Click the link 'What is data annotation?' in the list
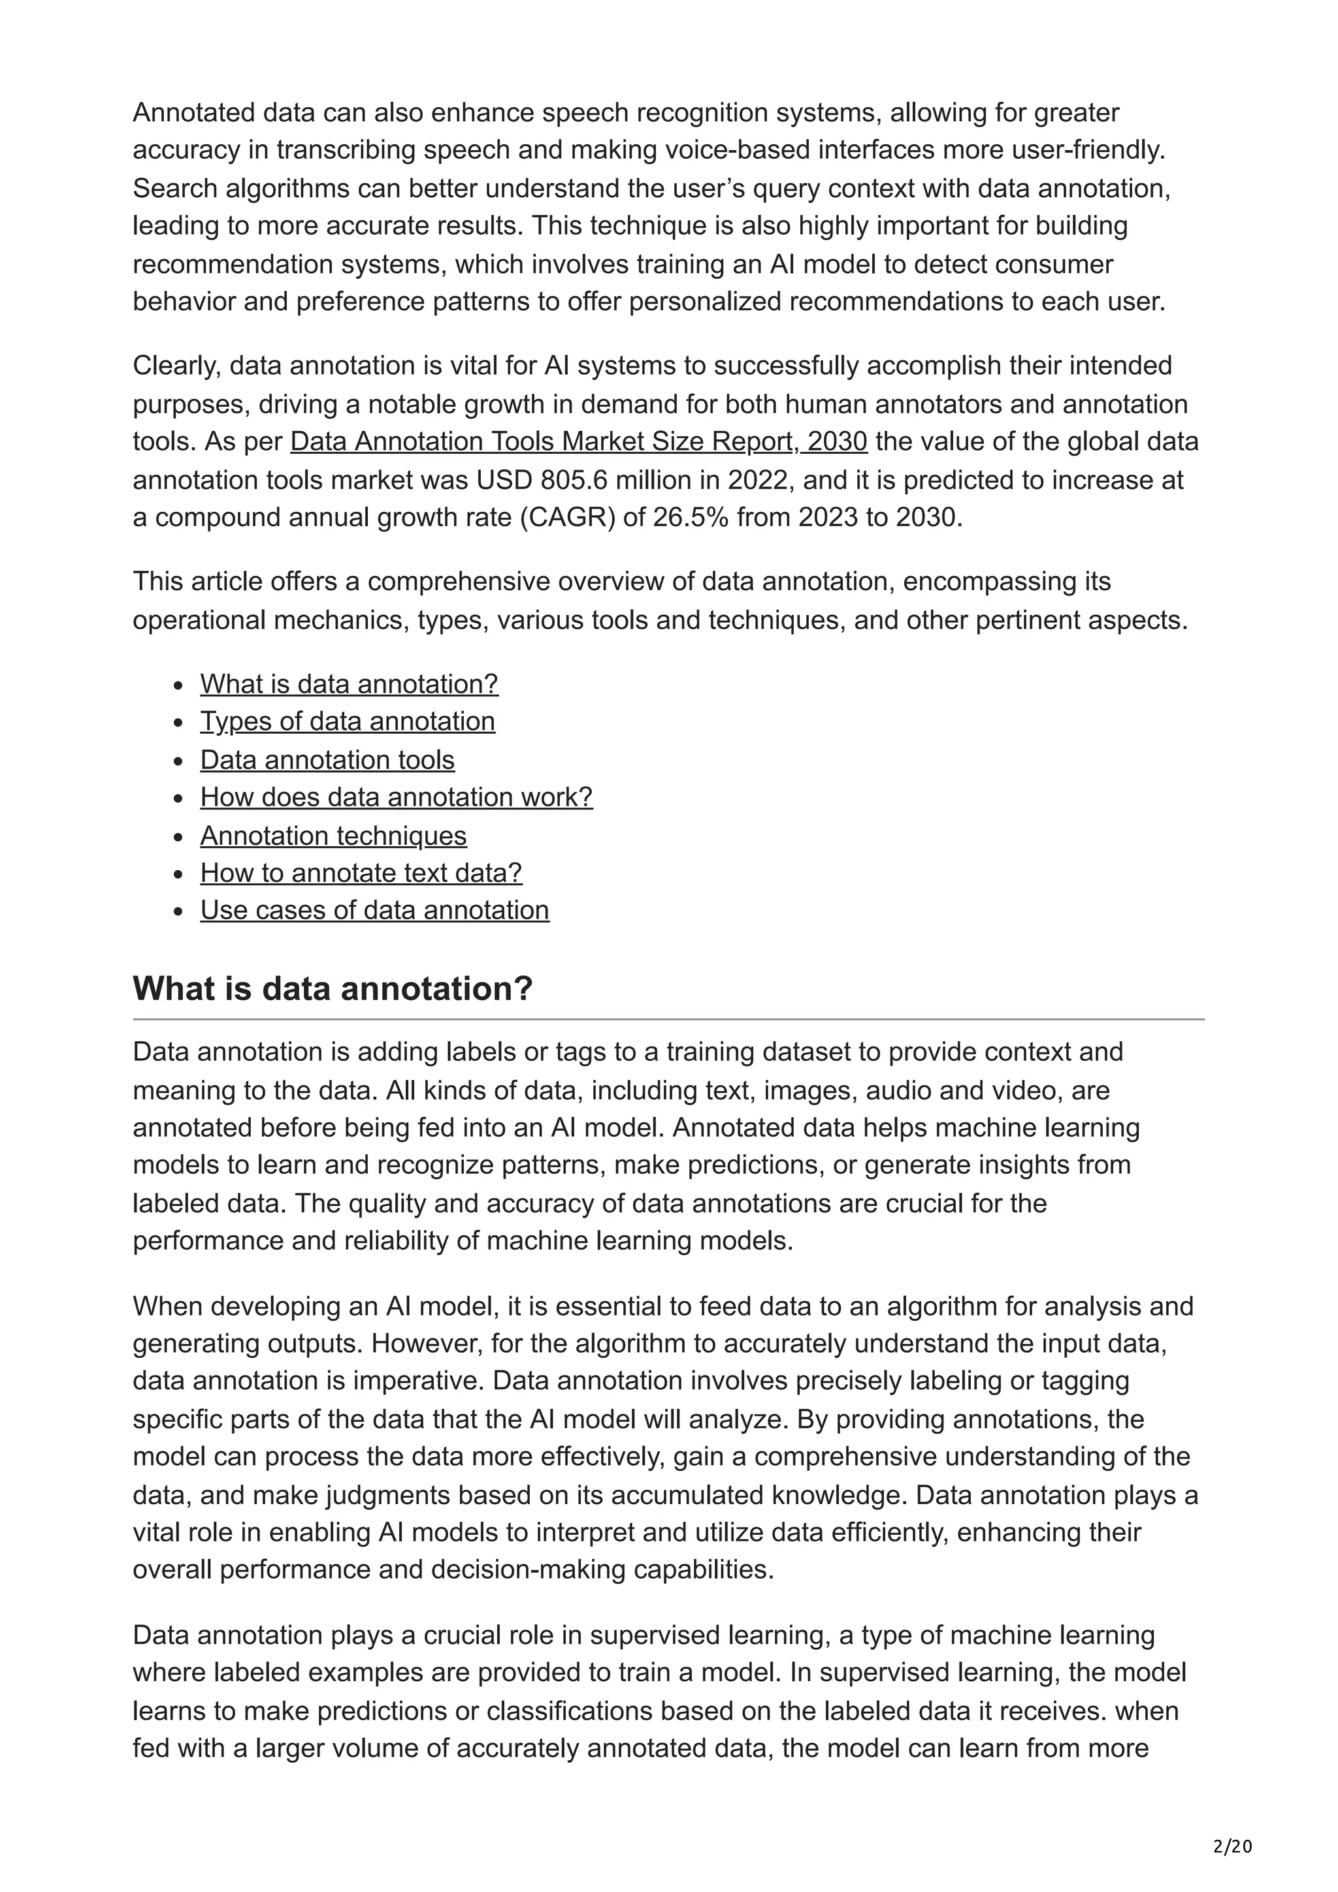point(349,684)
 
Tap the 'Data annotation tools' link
point(327,760)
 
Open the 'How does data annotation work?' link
point(396,797)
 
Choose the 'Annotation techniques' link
point(333,836)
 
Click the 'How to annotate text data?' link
point(361,873)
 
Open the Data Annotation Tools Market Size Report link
point(578,442)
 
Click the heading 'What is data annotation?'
point(333,988)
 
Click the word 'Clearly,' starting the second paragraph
point(177,366)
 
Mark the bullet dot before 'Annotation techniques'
point(178,837)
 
